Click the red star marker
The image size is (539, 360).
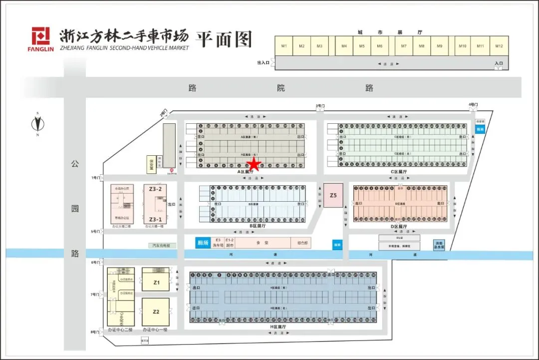255,164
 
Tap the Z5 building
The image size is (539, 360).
333,196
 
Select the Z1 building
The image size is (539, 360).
156,283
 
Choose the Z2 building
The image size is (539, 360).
156,312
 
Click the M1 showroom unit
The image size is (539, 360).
284,46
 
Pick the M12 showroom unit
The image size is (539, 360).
499,46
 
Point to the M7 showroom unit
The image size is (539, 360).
404,46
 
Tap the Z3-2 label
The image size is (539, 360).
156,189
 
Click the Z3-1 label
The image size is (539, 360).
156,219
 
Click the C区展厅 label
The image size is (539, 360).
398,171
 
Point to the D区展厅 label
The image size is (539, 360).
398,226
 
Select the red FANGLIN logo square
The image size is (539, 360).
41,36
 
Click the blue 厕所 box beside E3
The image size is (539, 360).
202,242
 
